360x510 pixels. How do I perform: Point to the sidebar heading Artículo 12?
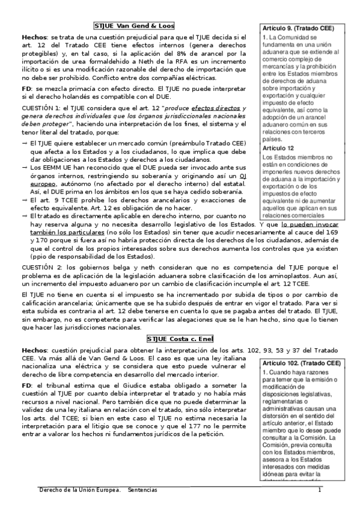pyautogui.click(x=278, y=148)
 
